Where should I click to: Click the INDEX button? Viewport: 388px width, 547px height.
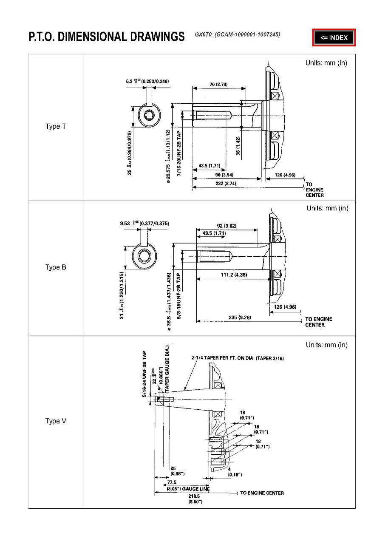[x=334, y=37]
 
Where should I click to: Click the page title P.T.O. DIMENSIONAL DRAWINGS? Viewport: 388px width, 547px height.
[x=107, y=37]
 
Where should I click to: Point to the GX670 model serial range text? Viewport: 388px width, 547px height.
[x=237, y=34]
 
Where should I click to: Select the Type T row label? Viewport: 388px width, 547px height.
[x=56, y=127]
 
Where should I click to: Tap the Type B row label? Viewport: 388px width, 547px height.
[x=56, y=267]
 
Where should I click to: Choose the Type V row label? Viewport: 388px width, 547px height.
[x=56, y=421]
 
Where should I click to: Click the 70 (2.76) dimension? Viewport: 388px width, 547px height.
[x=218, y=85]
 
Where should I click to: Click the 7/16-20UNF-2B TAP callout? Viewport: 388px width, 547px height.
[x=179, y=154]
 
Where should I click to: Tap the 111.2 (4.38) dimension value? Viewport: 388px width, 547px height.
[x=234, y=275]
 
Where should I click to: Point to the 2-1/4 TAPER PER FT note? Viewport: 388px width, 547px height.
[x=238, y=358]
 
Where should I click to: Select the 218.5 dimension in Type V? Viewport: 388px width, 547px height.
[x=195, y=499]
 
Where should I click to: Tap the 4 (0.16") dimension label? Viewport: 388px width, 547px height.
[x=235, y=472]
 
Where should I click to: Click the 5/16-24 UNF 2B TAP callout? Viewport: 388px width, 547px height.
[x=145, y=374]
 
